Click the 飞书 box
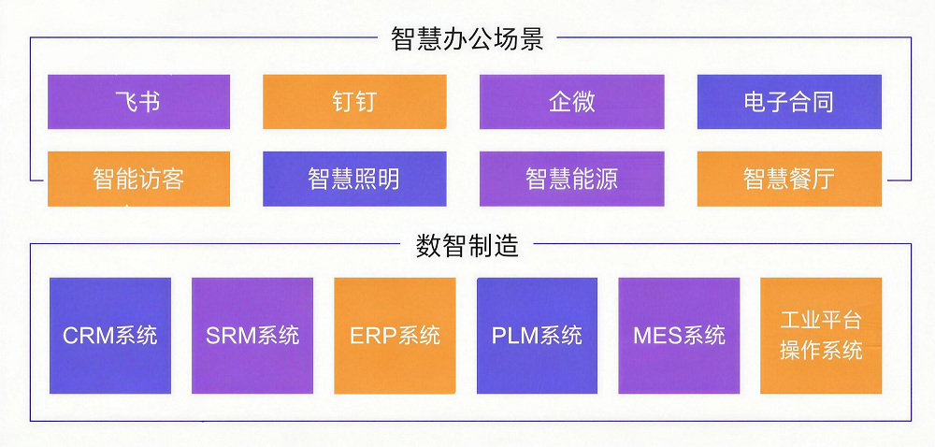138,102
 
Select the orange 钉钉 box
354,102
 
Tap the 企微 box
571,102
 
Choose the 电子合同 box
789,102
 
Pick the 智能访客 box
138,179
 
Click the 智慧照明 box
354,179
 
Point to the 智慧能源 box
571,179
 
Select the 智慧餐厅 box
789,179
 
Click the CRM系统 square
110,336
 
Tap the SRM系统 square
252,336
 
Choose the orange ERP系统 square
395,336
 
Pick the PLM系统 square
537,336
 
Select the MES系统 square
679,336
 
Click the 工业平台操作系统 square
821,336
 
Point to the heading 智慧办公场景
467,39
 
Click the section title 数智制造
467,246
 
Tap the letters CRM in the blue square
88,336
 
